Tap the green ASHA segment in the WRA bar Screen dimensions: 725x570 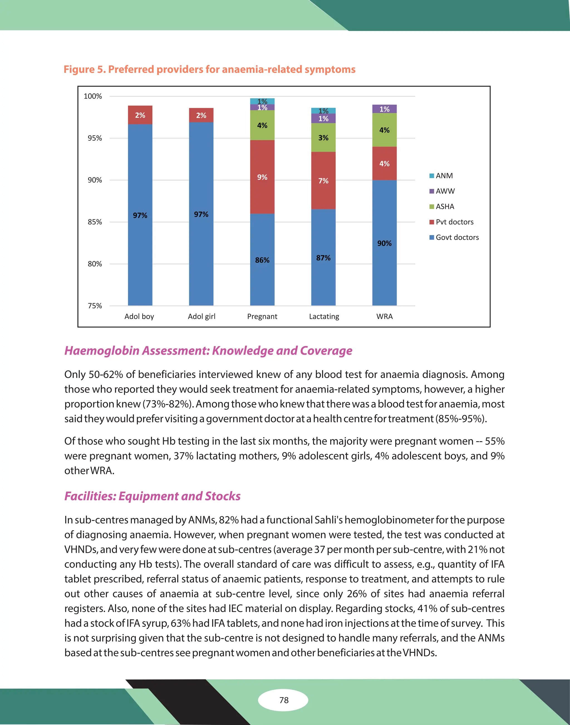(384, 130)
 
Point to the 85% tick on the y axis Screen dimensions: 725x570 (95, 222)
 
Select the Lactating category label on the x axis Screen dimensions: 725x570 (324, 317)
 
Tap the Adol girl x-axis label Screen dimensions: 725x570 (202, 317)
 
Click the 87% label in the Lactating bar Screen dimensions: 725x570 (323, 258)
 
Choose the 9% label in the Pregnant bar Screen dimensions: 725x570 (262, 177)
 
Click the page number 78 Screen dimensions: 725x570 (284, 700)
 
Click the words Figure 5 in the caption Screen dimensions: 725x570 (84, 69)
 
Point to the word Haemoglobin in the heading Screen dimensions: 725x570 (102, 351)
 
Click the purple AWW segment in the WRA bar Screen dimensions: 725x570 (384, 109)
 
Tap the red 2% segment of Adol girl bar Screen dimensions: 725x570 (201, 115)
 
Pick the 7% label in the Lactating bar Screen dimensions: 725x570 (323, 181)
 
